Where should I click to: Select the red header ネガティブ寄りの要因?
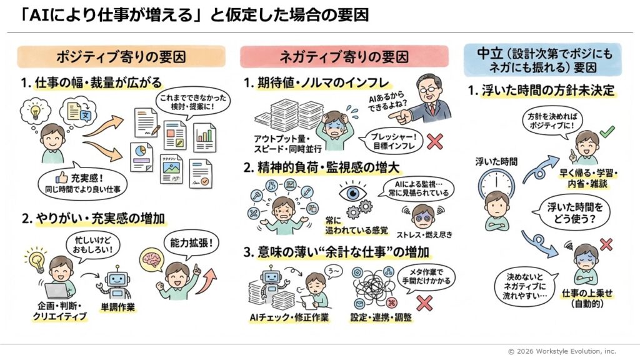[x=344, y=57]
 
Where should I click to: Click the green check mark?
[x=606, y=132]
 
